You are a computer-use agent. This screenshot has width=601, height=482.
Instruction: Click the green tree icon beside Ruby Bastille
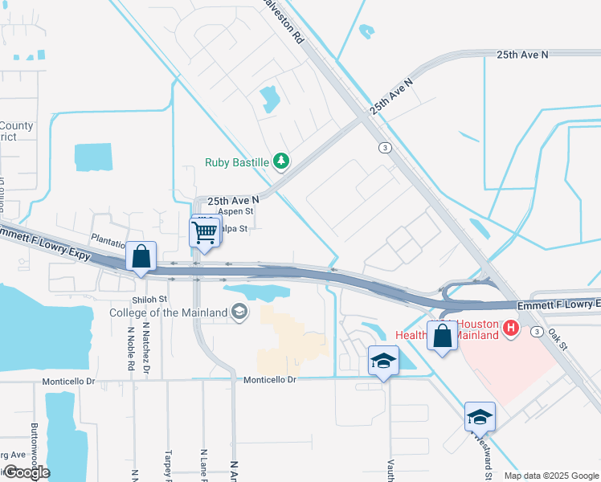(x=280, y=162)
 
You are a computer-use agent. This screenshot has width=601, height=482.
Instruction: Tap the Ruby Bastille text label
(x=236, y=162)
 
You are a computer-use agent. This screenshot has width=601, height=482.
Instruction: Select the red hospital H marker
(x=509, y=328)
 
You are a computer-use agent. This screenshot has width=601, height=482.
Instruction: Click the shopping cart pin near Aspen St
(x=204, y=233)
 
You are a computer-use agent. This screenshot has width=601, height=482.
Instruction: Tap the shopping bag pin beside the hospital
(x=442, y=335)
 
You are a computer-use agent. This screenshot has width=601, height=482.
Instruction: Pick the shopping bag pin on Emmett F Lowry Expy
(x=141, y=258)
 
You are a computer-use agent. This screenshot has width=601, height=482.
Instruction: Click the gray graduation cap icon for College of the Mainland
(x=239, y=312)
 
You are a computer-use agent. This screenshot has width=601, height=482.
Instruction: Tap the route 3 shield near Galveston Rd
(x=386, y=148)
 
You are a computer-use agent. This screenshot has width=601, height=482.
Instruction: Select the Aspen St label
(x=236, y=211)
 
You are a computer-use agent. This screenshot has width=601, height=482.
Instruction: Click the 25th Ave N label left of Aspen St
(x=233, y=199)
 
